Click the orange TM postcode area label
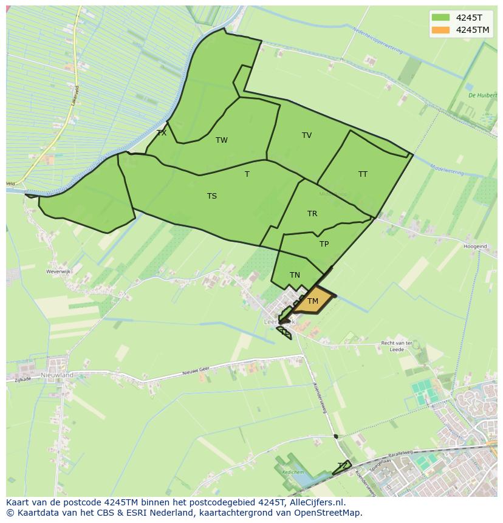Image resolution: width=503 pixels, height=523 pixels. [313, 301]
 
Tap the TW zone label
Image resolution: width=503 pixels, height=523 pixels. [222, 140]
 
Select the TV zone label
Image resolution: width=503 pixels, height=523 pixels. [307, 135]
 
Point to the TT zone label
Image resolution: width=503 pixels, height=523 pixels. [363, 174]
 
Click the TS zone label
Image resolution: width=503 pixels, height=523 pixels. [212, 196]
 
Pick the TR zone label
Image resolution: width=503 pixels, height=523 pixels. [312, 214]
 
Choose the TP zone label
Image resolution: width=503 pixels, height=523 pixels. [324, 244]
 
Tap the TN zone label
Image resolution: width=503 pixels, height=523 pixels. [295, 275]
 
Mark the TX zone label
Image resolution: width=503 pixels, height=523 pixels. [162, 132]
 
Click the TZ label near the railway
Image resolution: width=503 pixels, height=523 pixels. [343, 466]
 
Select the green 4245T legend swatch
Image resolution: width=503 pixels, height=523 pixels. [441, 18]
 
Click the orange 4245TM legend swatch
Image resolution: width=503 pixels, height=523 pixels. [441, 30]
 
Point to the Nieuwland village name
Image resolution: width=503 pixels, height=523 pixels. [57, 375]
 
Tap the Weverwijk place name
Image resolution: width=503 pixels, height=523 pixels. [60, 272]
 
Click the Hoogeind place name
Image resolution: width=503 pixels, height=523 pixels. [475, 247]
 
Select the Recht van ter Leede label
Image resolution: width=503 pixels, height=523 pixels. [397, 346]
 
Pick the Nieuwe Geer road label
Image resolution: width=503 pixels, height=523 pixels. [197, 369]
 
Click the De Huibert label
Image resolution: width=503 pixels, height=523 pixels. [482, 95]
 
